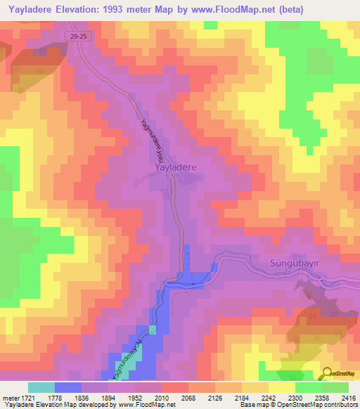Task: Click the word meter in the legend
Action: point(8,397)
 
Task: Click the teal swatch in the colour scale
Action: point(41,387)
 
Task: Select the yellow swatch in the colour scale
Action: point(281,387)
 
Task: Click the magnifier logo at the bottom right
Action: point(327,373)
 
